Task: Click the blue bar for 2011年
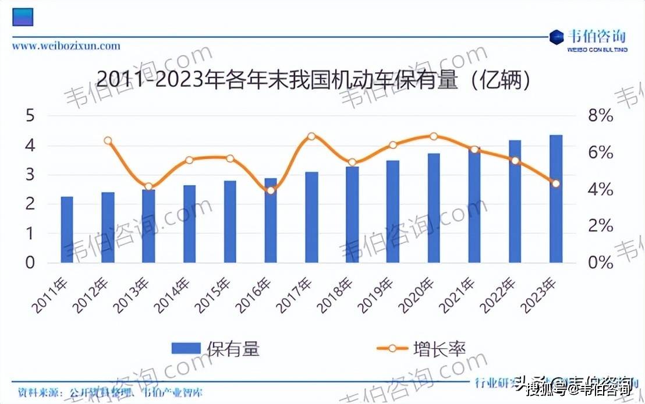click(67, 230)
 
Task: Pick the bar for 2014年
click(189, 224)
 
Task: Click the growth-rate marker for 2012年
click(108, 141)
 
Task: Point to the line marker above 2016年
click(271, 190)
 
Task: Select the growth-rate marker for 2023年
click(556, 183)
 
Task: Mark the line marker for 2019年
click(393, 145)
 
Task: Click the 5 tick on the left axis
click(30, 116)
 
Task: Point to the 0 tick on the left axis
click(30, 263)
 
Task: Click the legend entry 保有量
click(215, 349)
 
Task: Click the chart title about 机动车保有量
click(314, 81)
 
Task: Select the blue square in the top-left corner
click(23, 16)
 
